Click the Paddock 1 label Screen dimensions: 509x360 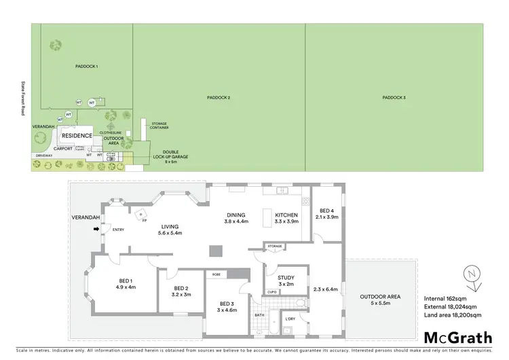(86, 66)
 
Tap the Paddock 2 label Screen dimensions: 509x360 (219, 98)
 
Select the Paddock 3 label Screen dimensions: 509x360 (394, 98)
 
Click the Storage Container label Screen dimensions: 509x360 (159, 126)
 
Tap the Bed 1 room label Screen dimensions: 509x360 (126, 283)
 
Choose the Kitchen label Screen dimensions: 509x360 (286, 217)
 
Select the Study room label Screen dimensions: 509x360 (285, 281)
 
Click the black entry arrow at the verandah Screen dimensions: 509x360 (96, 229)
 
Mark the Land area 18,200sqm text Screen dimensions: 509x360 (452, 315)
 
